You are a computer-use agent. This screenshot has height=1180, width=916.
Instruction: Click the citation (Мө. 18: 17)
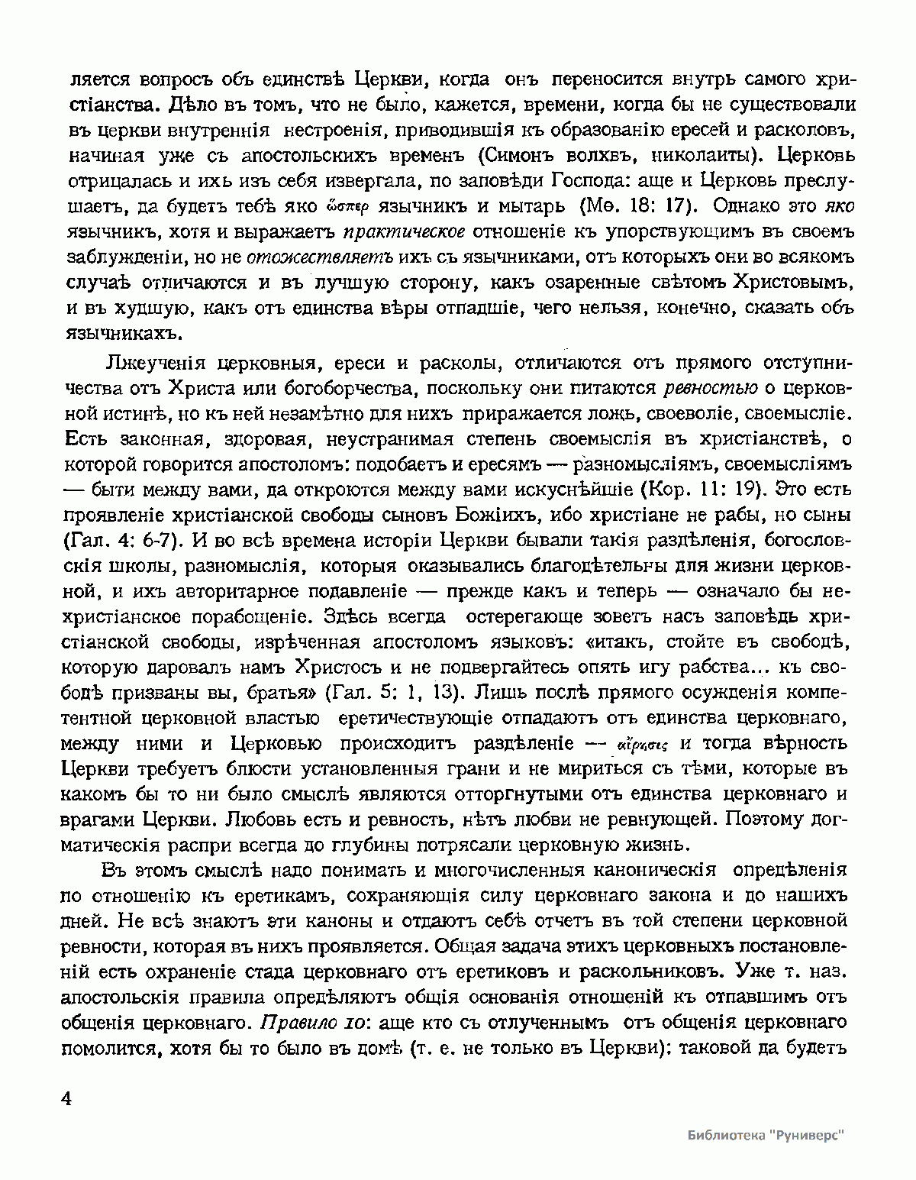pyautogui.click(x=638, y=206)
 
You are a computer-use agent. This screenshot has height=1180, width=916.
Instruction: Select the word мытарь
pyautogui.click(x=528, y=206)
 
